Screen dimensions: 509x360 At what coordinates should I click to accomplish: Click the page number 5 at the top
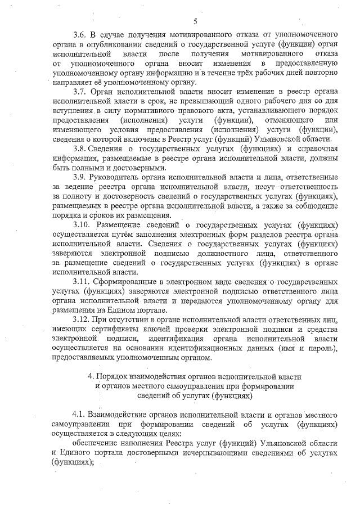click(195, 22)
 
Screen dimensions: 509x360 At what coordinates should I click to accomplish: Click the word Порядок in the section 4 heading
click(114, 375)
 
